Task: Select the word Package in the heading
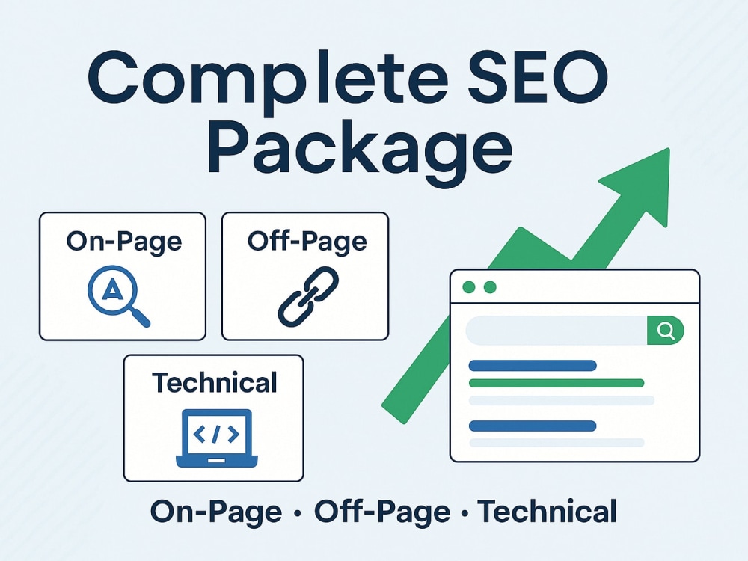361,149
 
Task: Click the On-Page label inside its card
124,241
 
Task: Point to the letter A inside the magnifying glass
113,289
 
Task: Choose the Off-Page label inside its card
307,241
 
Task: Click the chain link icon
308,297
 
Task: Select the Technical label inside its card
214,382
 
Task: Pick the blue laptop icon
217,438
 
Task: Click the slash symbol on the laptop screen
216,434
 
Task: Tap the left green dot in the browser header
469,287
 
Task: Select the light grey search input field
557,330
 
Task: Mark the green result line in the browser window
557,383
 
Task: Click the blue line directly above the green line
533,366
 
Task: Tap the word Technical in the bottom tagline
548,512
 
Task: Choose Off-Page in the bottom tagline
382,512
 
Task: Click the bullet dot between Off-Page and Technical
465,514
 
